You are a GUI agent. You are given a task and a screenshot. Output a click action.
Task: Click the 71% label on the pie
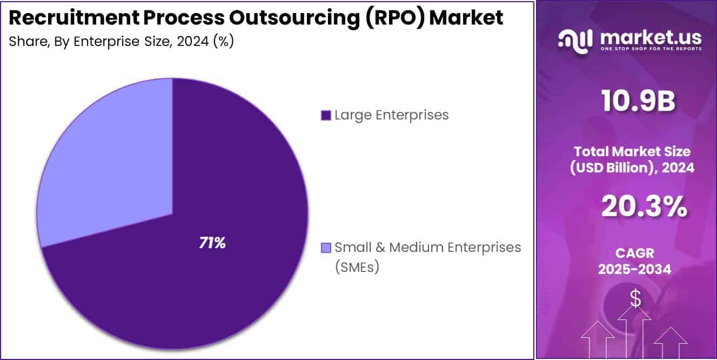pyautogui.click(x=212, y=243)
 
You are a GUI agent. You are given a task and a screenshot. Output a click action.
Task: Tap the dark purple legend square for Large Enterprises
pyautogui.click(x=326, y=115)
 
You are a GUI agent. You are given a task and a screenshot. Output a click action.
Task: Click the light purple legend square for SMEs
pyautogui.click(x=326, y=248)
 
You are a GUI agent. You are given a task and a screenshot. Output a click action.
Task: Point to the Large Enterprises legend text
pyautogui.click(x=391, y=115)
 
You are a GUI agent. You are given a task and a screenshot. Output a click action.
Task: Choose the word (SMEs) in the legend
pyautogui.click(x=357, y=266)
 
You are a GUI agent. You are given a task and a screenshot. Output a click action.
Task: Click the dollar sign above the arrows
pyautogui.click(x=635, y=298)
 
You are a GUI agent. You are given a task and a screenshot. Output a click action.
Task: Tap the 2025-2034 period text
pyautogui.click(x=634, y=269)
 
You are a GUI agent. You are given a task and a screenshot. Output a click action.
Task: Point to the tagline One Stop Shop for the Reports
pyautogui.click(x=651, y=49)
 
